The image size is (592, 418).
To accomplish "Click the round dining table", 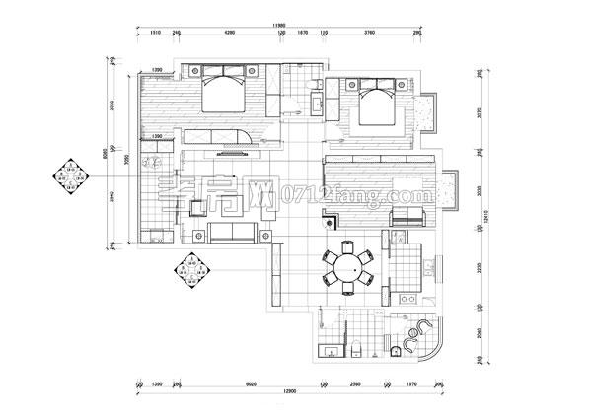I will click(x=345, y=266).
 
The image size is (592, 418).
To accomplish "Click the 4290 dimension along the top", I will click(x=229, y=34).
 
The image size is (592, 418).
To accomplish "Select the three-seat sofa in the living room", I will click(x=231, y=232).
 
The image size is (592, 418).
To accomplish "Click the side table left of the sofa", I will click(x=196, y=233).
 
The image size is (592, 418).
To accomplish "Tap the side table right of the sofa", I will click(x=266, y=233).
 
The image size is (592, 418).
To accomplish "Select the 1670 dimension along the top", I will click(x=303, y=34).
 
